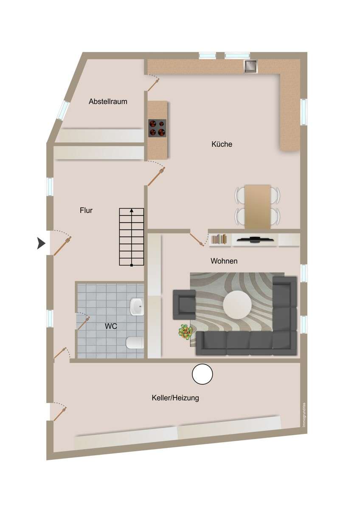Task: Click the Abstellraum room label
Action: (108, 101)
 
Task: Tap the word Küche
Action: (222, 144)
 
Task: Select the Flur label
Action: (86, 210)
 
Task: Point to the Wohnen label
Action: (224, 261)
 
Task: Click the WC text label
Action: (111, 326)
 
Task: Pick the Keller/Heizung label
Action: (175, 398)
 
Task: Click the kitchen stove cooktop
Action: (157, 128)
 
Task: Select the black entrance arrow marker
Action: (41, 243)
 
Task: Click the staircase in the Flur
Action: (132, 237)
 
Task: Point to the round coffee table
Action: (237, 305)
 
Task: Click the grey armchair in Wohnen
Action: (184, 305)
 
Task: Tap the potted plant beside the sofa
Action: (186, 332)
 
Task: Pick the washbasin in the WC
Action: (136, 307)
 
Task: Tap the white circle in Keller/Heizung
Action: (202, 374)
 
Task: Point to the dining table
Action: (258, 207)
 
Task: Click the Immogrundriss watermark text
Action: (304, 415)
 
